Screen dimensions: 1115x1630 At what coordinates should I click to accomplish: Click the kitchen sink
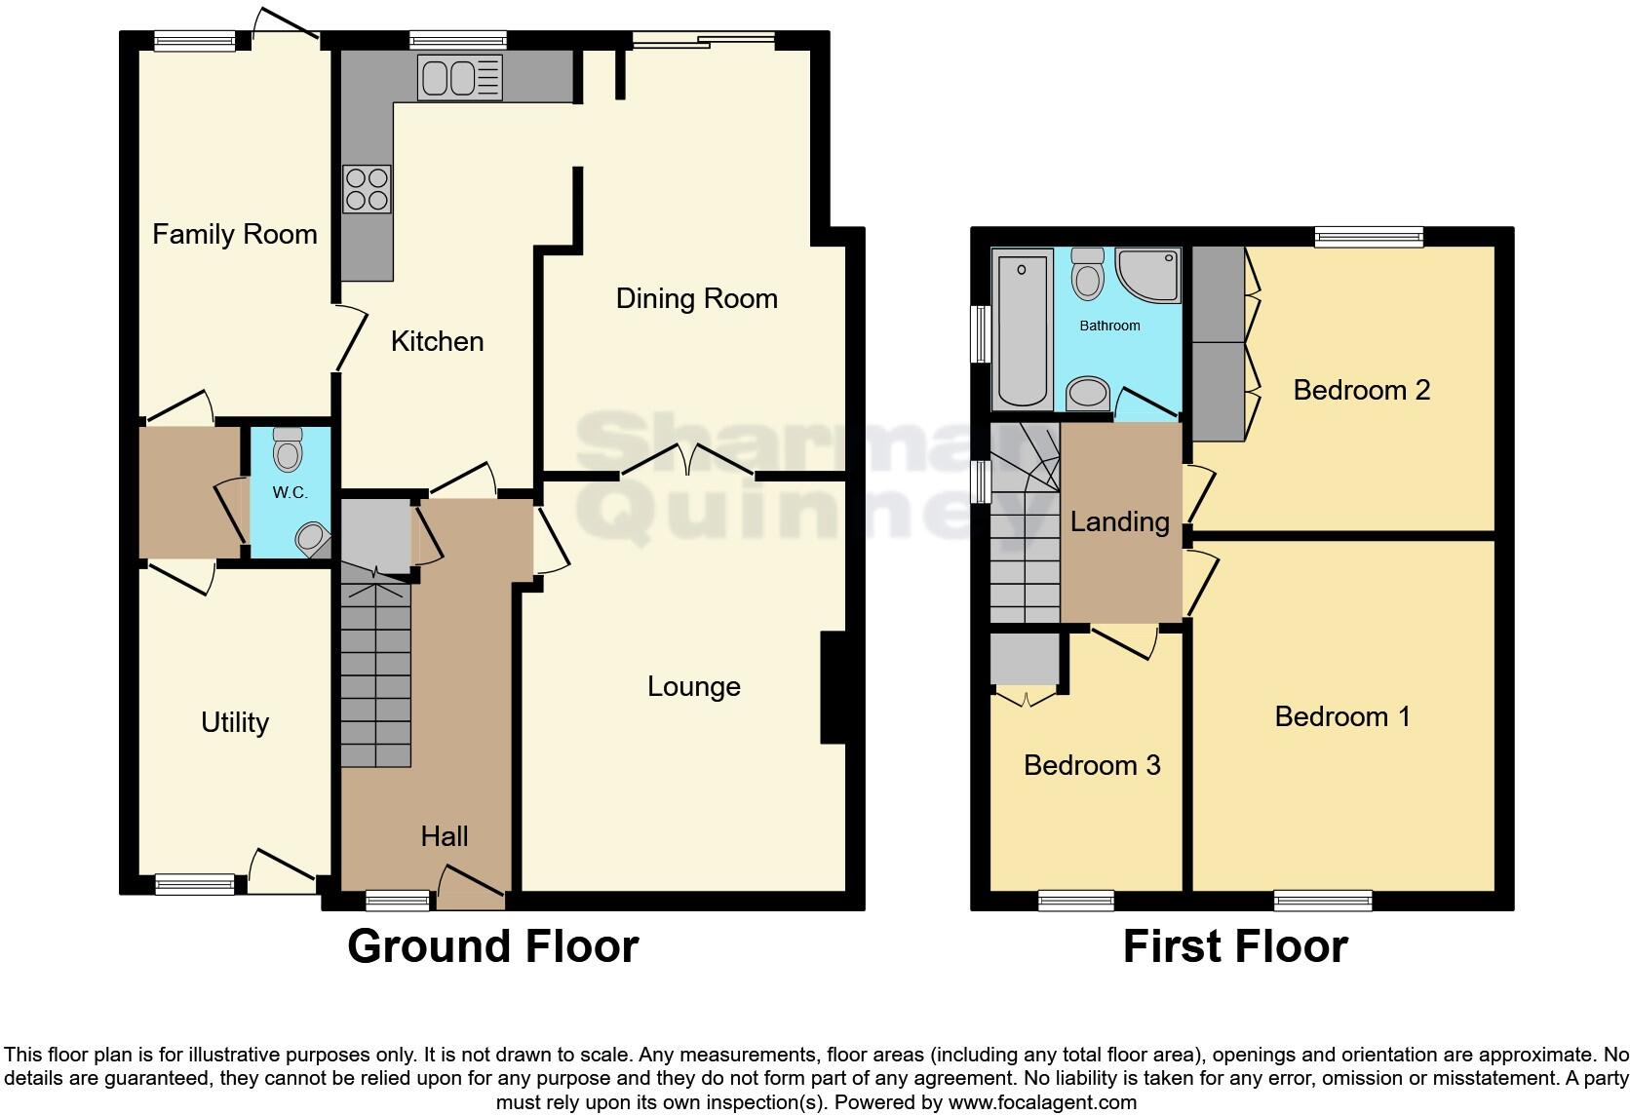coord(459,77)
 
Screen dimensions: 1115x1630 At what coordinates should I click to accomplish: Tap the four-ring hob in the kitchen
coord(367,189)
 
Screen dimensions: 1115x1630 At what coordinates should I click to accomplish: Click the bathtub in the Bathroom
coord(1022,328)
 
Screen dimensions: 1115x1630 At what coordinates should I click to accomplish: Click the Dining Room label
coord(696,298)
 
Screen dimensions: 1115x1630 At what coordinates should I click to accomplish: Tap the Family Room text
coord(235,234)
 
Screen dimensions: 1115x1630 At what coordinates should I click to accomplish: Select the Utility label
coord(234,722)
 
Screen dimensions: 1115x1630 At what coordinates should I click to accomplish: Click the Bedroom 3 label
coord(1092,765)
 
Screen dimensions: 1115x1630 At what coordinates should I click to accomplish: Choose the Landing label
coord(1119,521)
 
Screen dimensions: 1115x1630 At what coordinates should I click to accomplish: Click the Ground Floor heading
coord(492,946)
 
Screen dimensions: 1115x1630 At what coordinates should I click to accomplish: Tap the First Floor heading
coord(1234,946)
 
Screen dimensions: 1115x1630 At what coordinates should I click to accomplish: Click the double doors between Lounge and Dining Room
coord(687,462)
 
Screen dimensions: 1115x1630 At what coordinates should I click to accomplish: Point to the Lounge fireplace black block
coord(833,688)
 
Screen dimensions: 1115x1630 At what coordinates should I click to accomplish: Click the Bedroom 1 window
coord(1323,900)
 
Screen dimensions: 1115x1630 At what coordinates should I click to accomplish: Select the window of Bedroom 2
coord(1368,235)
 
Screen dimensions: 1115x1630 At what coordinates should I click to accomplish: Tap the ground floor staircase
coord(375,673)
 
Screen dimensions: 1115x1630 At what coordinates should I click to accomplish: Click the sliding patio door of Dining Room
coord(704,40)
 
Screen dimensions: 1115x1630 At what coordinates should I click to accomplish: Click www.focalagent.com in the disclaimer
coord(1041,1102)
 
